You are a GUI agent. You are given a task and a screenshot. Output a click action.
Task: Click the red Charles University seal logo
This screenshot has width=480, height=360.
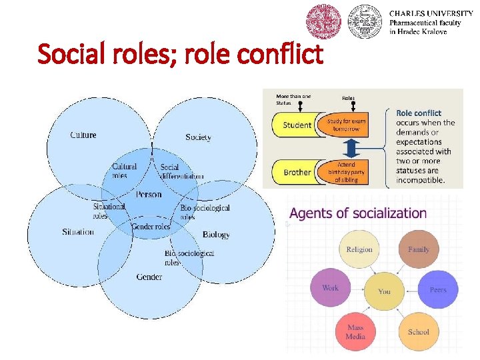[x=323, y=21]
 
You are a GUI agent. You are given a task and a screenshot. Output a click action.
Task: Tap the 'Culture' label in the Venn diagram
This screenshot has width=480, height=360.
[x=83, y=135]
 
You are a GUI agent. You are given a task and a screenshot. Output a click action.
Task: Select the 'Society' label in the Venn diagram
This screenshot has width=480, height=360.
[x=198, y=137]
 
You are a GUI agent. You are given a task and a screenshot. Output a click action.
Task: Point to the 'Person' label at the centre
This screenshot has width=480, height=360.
[x=149, y=195]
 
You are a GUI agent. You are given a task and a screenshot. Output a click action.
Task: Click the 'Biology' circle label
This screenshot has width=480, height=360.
[x=216, y=235]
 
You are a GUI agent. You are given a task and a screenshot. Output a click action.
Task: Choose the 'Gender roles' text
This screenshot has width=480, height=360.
[x=151, y=227]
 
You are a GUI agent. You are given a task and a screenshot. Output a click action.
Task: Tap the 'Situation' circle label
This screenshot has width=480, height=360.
[x=78, y=232]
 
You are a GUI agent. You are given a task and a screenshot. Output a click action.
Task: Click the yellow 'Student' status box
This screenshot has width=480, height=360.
[x=297, y=125]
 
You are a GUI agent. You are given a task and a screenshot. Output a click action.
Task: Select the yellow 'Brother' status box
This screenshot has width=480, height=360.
[x=297, y=172]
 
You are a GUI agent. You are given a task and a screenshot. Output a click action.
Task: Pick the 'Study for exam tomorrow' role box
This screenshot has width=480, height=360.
[x=346, y=125]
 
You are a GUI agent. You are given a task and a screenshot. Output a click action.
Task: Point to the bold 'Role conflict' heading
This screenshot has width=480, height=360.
[x=419, y=113]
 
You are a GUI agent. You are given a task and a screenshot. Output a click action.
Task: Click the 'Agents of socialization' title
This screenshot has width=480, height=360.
[x=358, y=214]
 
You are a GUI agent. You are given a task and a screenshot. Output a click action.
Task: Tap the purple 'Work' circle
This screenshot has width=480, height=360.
[x=331, y=288]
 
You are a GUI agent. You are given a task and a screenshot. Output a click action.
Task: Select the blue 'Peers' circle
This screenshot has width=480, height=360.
[x=438, y=290]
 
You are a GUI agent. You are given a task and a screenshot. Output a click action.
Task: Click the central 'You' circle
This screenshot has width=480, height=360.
[x=385, y=291]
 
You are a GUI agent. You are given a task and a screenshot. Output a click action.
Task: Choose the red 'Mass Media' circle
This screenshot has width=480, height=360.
[x=355, y=331]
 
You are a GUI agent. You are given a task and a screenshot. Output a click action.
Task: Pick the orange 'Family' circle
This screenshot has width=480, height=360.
[x=419, y=250]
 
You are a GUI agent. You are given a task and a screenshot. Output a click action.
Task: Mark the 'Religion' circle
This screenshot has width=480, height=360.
[x=359, y=250]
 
